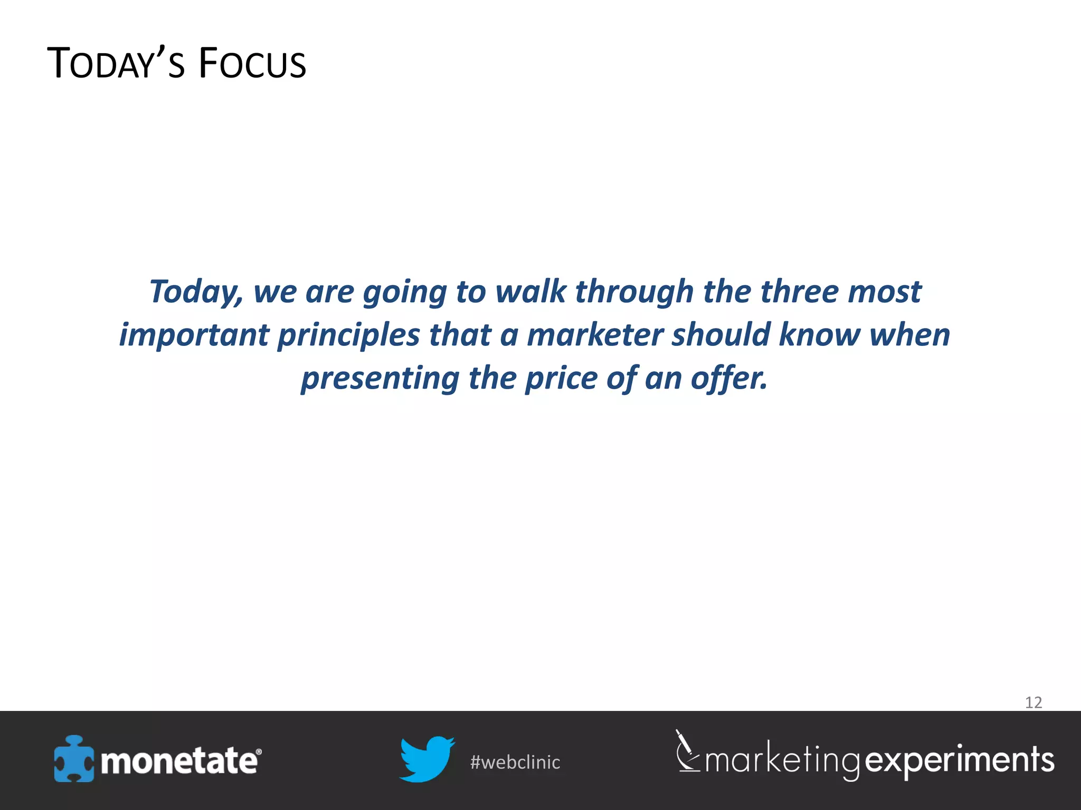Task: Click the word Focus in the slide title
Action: [x=252, y=64]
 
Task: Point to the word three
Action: [x=799, y=292]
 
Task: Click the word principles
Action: [x=348, y=335]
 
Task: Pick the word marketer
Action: [x=595, y=335]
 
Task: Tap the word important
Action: [x=194, y=335]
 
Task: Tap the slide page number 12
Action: [x=1033, y=702]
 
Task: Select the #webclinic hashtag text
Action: [x=515, y=763]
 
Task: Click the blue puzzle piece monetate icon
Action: [x=73, y=759]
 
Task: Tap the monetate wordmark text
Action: [x=179, y=761]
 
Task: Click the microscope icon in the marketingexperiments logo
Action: [x=687, y=751]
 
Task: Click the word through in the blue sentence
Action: [x=634, y=292]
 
